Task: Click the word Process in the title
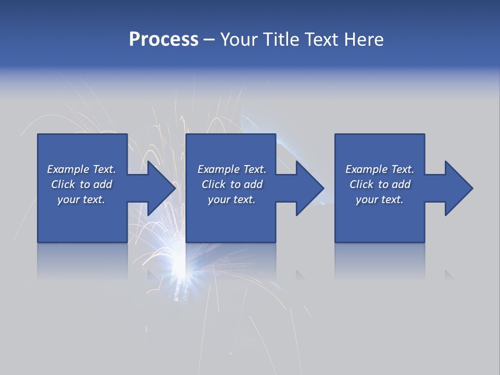(x=164, y=40)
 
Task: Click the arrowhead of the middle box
(x=310, y=188)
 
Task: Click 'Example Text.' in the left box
(x=82, y=169)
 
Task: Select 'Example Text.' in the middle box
(x=232, y=169)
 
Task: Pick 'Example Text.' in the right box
(x=380, y=169)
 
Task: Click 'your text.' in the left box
(x=82, y=199)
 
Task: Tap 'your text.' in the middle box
(x=232, y=199)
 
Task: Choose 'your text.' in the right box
(x=380, y=199)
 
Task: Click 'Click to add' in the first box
(x=82, y=184)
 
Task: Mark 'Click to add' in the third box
(x=380, y=184)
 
